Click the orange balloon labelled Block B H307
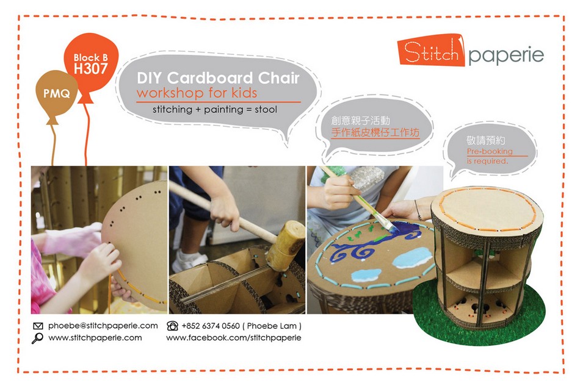(x=91, y=63)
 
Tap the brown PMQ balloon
(x=57, y=94)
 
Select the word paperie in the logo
(x=506, y=55)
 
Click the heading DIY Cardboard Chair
(x=218, y=78)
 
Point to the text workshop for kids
(x=197, y=92)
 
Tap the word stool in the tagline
(x=266, y=109)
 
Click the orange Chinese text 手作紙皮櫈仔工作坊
(x=375, y=132)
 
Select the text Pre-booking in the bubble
(x=490, y=151)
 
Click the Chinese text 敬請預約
(x=485, y=140)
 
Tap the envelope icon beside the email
(x=38, y=326)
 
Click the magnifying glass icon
(x=37, y=338)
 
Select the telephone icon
(x=172, y=326)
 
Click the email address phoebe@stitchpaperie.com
(x=103, y=326)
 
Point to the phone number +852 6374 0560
(x=211, y=326)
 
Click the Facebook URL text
(x=234, y=338)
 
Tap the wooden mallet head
(x=286, y=246)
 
